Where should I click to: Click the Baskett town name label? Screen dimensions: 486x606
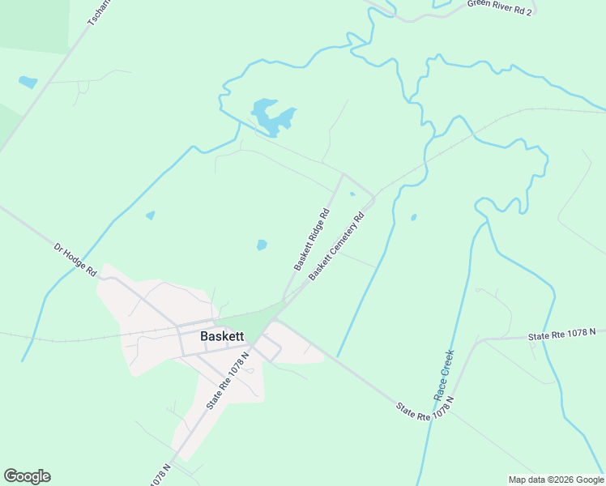pyautogui.click(x=222, y=335)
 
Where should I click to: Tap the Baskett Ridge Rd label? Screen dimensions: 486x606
pyautogui.click(x=313, y=240)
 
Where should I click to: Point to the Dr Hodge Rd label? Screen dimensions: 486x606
pyautogui.click(x=75, y=260)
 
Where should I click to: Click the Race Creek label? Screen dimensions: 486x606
pyautogui.click(x=443, y=373)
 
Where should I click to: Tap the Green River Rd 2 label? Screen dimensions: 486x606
pyautogui.click(x=499, y=7)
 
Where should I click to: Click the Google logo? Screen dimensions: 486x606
pyautogui.click(x=27, y=476)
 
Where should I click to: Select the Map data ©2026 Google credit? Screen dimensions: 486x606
pyautogui.click(x=556, y=480)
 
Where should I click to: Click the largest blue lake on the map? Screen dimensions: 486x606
pyautogui.click(x=271, y=117)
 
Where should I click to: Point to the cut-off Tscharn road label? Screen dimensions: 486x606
pyautogui.click(x=97, y=11)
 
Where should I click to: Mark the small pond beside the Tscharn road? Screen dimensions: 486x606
pyautogui.click(x=28, y=82)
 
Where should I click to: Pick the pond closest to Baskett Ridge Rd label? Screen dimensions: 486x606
pyautogui.click(x=262, y=245)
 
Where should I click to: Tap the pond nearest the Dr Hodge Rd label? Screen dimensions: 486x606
pyautogui.click(x=150, y=215)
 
